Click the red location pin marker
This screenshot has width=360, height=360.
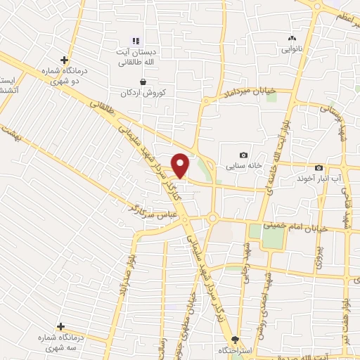coord(181,165)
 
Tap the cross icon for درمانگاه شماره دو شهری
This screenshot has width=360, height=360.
coord(64,60)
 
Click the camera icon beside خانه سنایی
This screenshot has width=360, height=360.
coord(243,155)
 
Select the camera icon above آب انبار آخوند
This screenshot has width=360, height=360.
coord(319,167)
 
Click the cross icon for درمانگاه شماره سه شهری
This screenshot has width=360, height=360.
coord(61,326)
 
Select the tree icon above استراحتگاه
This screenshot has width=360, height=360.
coord(236,340)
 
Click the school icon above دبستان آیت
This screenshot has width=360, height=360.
coord(136,41)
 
